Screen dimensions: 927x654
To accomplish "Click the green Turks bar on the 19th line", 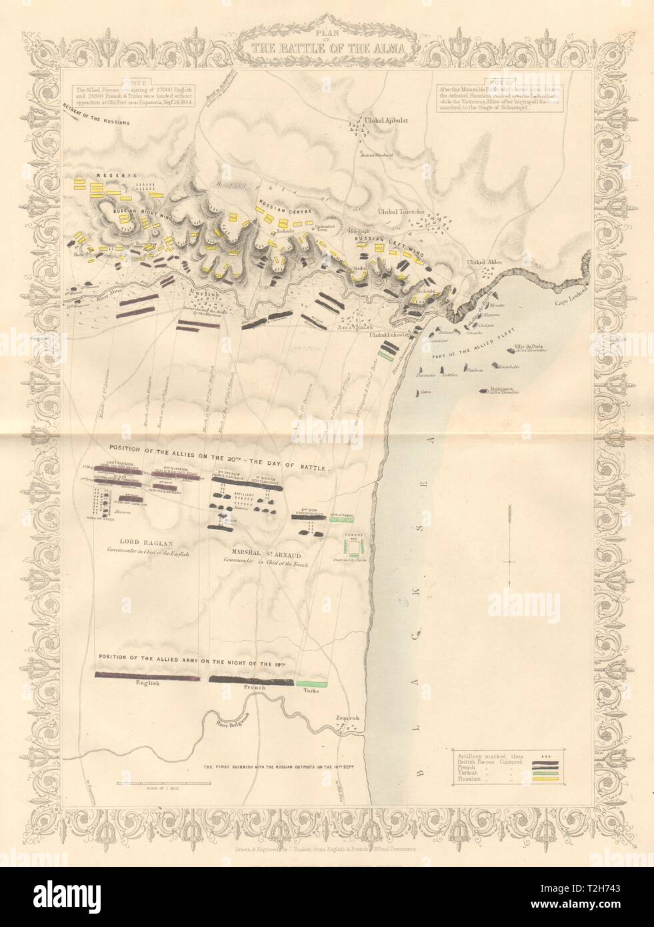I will tap(313, 684).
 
